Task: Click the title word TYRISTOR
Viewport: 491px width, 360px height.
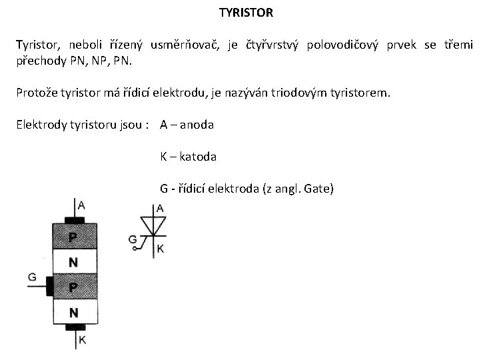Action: point(246,13)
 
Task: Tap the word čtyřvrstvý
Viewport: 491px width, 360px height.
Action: point(266,45)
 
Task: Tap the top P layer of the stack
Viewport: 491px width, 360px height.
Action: point(73,237)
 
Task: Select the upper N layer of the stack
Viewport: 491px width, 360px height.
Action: point(73,262)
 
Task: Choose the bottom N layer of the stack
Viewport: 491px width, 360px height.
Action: point(73,312)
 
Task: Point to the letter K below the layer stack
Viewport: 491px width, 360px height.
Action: point(81,341)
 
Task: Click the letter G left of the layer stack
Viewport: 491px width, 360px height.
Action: point(32,277)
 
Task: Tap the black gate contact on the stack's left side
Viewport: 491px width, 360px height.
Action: point(49,286)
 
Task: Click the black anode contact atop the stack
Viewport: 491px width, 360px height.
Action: point(75,219)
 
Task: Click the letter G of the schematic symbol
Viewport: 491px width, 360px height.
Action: point(132,239)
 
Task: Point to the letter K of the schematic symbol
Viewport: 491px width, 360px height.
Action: point(161,249)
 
